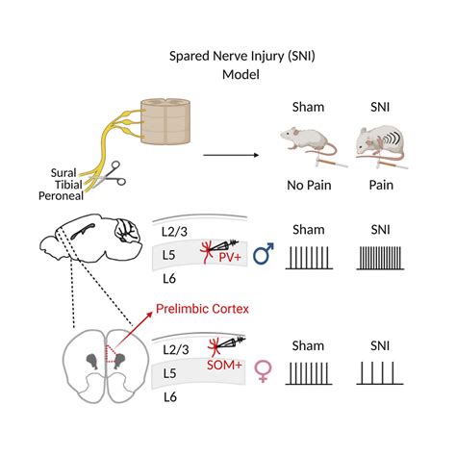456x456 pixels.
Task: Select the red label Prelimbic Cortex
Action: click(203, 311)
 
